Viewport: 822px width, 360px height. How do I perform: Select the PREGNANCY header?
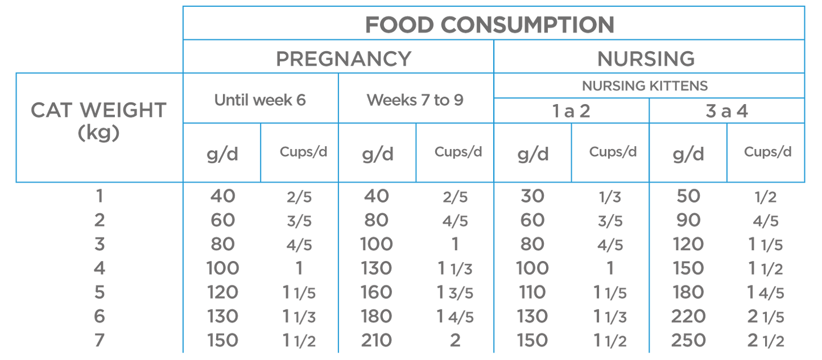[x=343, y=58]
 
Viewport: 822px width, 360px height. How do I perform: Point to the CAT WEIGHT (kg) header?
[x=98, y=119]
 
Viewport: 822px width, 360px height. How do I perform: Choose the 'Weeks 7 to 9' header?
[x=415, y=100]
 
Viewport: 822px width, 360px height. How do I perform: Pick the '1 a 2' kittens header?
[x=571, y=111]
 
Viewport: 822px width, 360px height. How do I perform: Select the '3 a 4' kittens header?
[x=726, y=111]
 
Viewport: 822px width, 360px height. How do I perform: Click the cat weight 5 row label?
[x=99, y=292]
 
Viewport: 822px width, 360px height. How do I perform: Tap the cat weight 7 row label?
[x=99, y=341]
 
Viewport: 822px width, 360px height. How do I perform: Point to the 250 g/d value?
[x=688, y=341]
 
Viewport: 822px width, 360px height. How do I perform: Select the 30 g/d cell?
[x=532, y=196]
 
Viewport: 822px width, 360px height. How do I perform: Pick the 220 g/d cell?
[x=688, y=316]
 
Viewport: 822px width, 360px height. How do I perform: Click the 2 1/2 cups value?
[x=766, y=341]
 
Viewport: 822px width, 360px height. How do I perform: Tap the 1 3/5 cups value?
[x=454, y=292]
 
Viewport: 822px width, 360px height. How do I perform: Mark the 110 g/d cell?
[x=532, y=292]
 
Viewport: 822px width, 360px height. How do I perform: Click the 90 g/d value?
[x=688, y=220]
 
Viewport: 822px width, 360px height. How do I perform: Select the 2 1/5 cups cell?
[x=766, y=316]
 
